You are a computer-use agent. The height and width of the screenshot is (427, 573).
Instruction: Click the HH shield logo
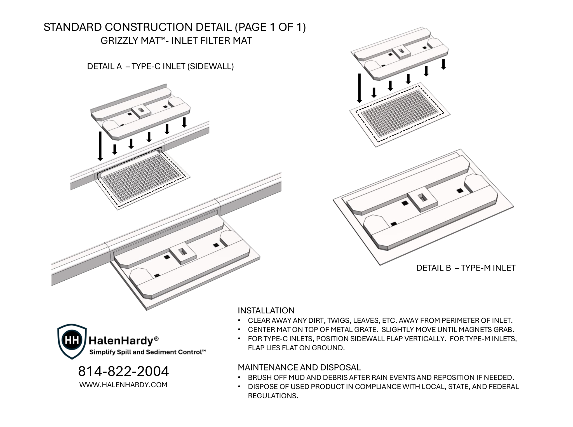click(72, 341)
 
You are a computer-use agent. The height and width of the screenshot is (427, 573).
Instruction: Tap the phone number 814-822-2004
click(123, 371)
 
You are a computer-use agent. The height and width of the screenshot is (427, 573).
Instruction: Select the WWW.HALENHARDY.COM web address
click(123, 385)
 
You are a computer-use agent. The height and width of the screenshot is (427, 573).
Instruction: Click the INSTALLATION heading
click(266, 310)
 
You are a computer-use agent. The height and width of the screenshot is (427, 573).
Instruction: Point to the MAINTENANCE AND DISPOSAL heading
click(299, 367)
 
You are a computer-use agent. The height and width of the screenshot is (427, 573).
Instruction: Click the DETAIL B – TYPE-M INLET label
click(466, 268)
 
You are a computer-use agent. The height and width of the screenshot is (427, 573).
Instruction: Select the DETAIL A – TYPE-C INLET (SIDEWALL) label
click(160, 66)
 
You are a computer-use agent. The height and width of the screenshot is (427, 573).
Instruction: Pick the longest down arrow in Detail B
click(360, 88)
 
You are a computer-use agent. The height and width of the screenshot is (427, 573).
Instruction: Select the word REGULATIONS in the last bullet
click(273, 396)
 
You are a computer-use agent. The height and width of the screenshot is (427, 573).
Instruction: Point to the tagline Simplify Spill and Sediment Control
click(147, 352)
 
